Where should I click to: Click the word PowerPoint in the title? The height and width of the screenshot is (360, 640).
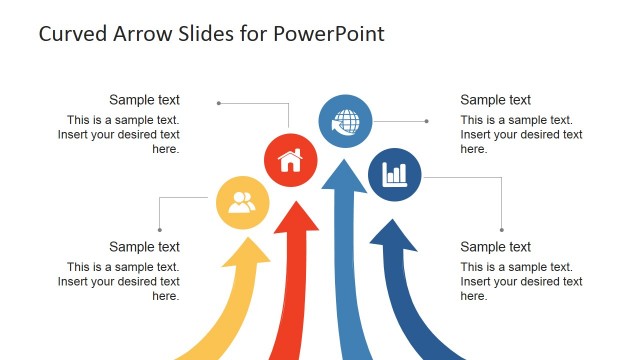coord(332,33)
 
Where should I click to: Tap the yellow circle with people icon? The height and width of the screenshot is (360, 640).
coord(243,203)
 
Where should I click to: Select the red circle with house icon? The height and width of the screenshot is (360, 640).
coord(290,160)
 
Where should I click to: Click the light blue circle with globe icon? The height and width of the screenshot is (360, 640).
coord(345,123)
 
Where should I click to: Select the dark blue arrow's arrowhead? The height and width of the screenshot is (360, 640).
coord(394,238)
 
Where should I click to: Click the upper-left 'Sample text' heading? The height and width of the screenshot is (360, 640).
coord(144,100)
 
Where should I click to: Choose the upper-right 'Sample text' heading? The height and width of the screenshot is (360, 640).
coord(495,100)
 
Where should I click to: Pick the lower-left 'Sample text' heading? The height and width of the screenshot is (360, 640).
coord(144,247)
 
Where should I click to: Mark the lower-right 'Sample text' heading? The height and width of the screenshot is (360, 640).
coord(495,247)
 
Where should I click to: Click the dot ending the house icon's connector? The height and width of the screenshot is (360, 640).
coord(219,102)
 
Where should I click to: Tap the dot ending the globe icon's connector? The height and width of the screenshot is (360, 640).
coord(427,122)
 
